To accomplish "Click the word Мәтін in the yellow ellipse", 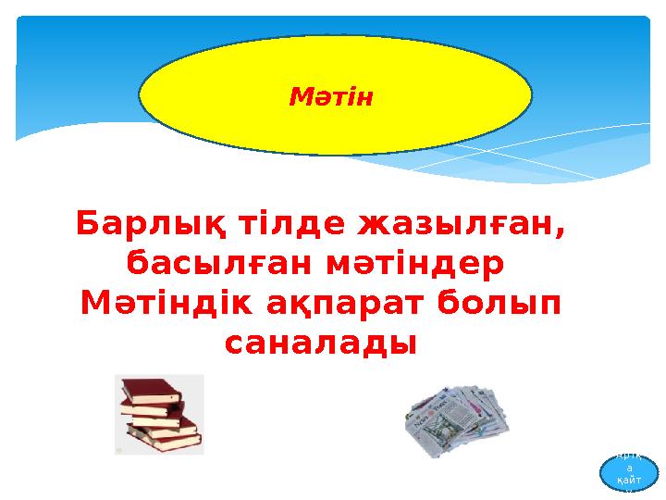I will point(330,95).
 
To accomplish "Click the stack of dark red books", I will point(159,414).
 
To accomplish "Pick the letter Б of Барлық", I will point(89,224).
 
